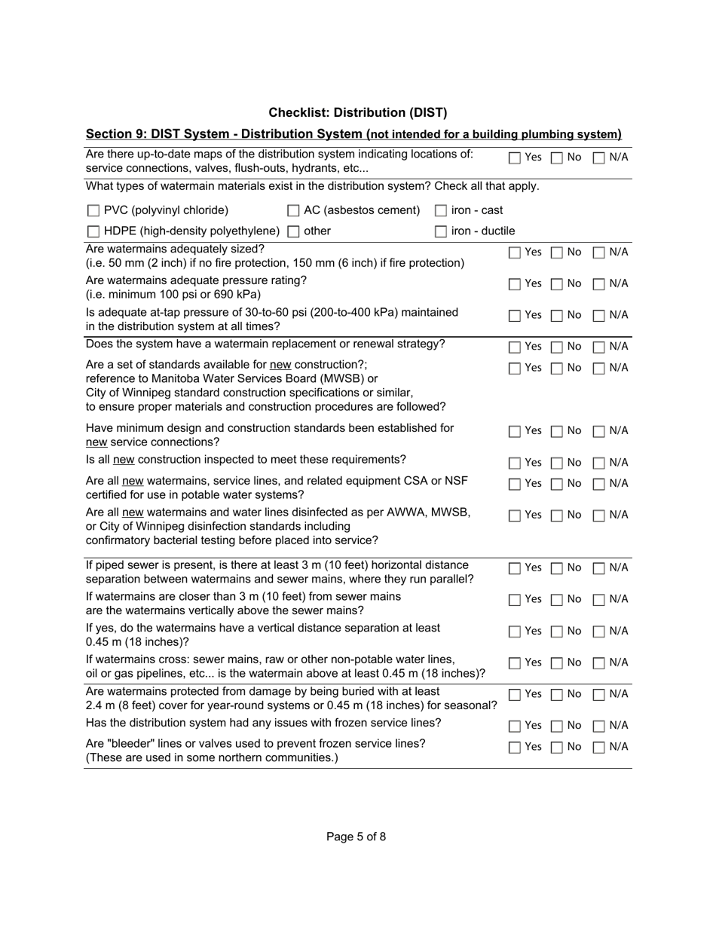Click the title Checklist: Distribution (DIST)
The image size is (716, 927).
coord(357,112)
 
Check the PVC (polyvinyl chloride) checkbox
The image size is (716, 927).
coord(93,211)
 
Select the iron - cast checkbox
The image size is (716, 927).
coord(441,211)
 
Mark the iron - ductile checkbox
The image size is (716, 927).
coord(441,231)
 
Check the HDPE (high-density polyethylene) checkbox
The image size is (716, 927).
coord(93,231)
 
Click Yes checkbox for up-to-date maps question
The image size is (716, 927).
coord(514,158)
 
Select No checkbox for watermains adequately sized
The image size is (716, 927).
coord(556,253)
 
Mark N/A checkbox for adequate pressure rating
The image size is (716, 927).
coord(599,284)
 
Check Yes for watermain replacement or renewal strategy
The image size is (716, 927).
coord(514,347)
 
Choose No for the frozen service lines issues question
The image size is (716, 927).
coord(556,727)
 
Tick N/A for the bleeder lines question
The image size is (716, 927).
coord(599,748)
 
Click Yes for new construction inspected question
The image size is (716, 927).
coord(514,463)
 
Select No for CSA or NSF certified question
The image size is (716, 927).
coord(556,484)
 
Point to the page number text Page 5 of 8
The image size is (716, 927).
coord(356,836)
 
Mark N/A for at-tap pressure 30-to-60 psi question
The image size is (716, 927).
coord(599,316)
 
